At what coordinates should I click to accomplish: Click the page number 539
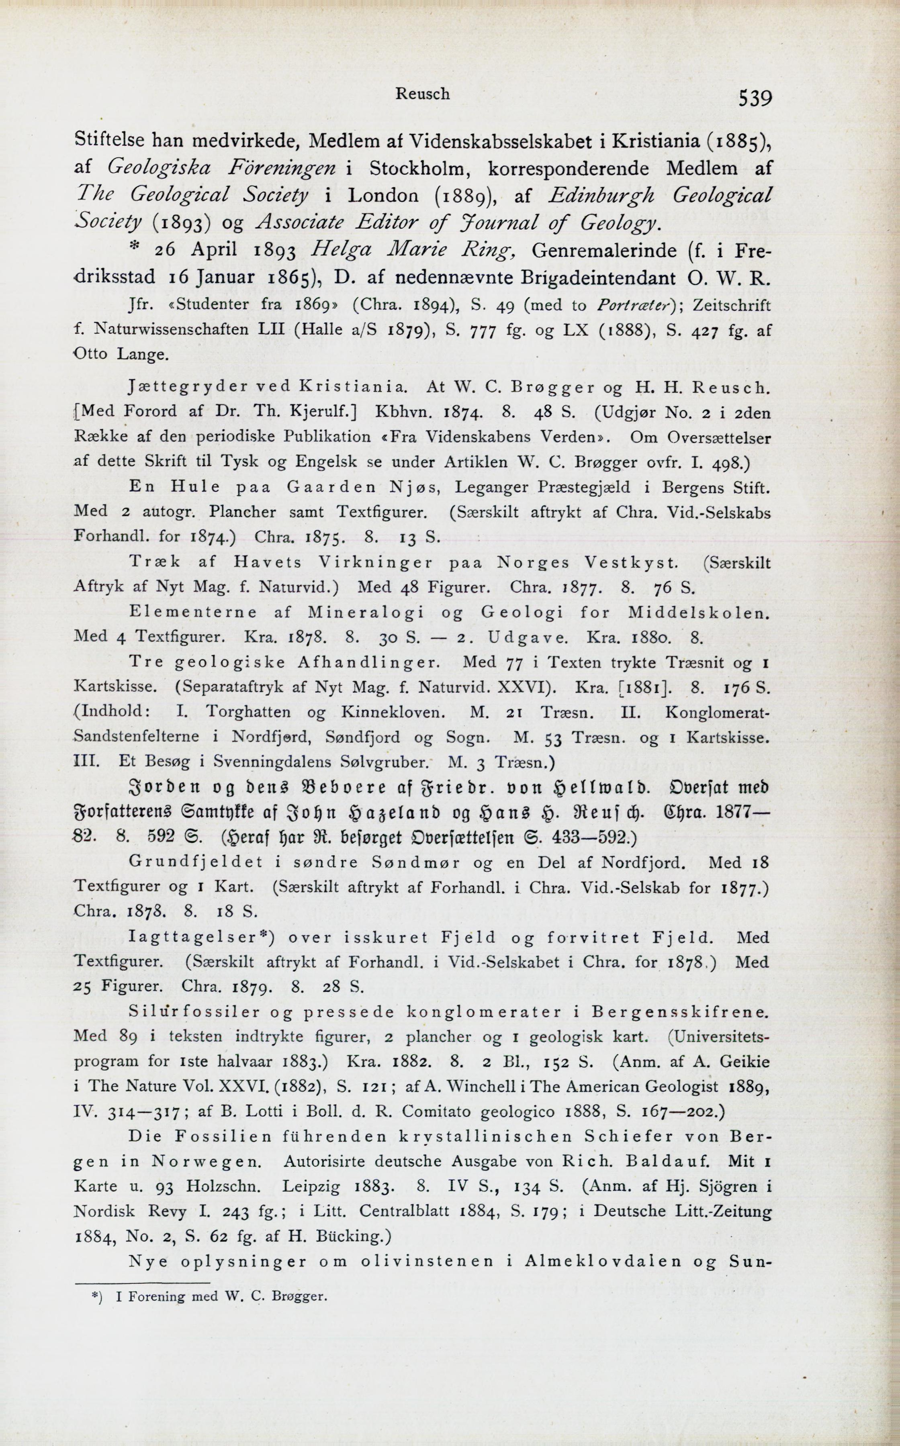coord(755,97)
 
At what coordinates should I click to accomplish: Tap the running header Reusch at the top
coord(423,94)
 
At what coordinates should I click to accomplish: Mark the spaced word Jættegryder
coord(186,387)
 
